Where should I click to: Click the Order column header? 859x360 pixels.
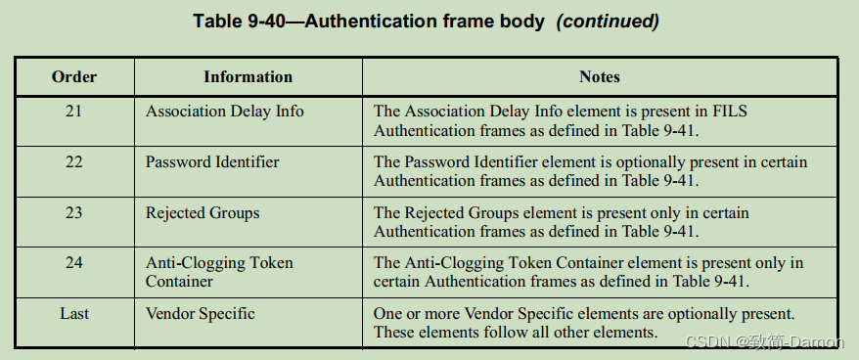tap(74, 76)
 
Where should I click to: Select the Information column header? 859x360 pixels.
tap(248, 76)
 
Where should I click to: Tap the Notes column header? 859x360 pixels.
tap(600, 76)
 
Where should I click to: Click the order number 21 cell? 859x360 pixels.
tap(74, 112)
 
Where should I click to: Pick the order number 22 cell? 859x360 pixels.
tap(74, 162)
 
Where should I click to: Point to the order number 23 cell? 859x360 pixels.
tap(74, 212)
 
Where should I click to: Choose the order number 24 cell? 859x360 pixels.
tap(74, 263)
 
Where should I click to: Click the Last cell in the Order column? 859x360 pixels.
tap(74, 314)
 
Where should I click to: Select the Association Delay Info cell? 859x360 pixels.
tap(224, 112)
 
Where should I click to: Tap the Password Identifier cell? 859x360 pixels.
tap(212, 162)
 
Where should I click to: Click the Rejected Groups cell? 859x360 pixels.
tap(203, 212)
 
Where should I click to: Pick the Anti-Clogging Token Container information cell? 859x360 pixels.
tap(219, 272)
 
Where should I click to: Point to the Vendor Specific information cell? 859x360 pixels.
tap(200, 314)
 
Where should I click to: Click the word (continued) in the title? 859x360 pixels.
tap(608, 21)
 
